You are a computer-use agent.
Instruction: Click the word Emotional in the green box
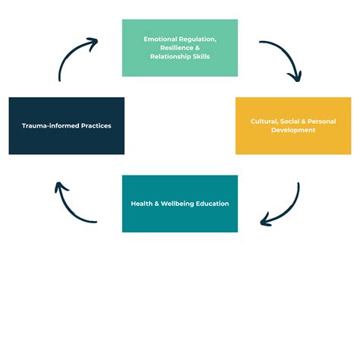[x=160, y=39]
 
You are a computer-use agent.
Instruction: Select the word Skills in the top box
[x=201, y=56]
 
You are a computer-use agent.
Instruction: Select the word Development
[x=293, y=131]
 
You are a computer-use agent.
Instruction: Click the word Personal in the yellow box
[x=322, y=122]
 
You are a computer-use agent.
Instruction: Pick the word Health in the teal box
[x=141, y=204]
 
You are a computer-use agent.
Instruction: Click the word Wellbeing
[x=177, y=204]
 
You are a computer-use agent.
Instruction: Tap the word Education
[x=213, y=204]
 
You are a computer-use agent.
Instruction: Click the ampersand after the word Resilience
[x=197, y=48]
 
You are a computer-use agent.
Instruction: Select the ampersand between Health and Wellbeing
[x=156, y=204]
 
